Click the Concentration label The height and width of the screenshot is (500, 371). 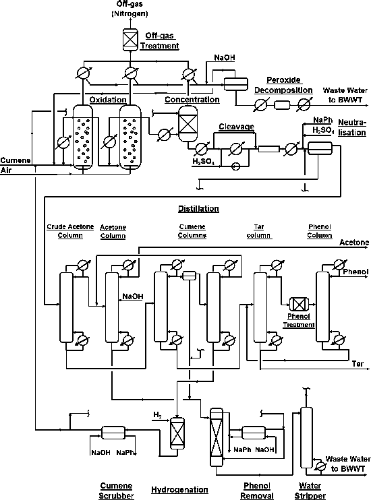point(192,99)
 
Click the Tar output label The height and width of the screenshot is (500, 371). point(358,364)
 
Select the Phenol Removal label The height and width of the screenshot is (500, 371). point(255,489)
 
